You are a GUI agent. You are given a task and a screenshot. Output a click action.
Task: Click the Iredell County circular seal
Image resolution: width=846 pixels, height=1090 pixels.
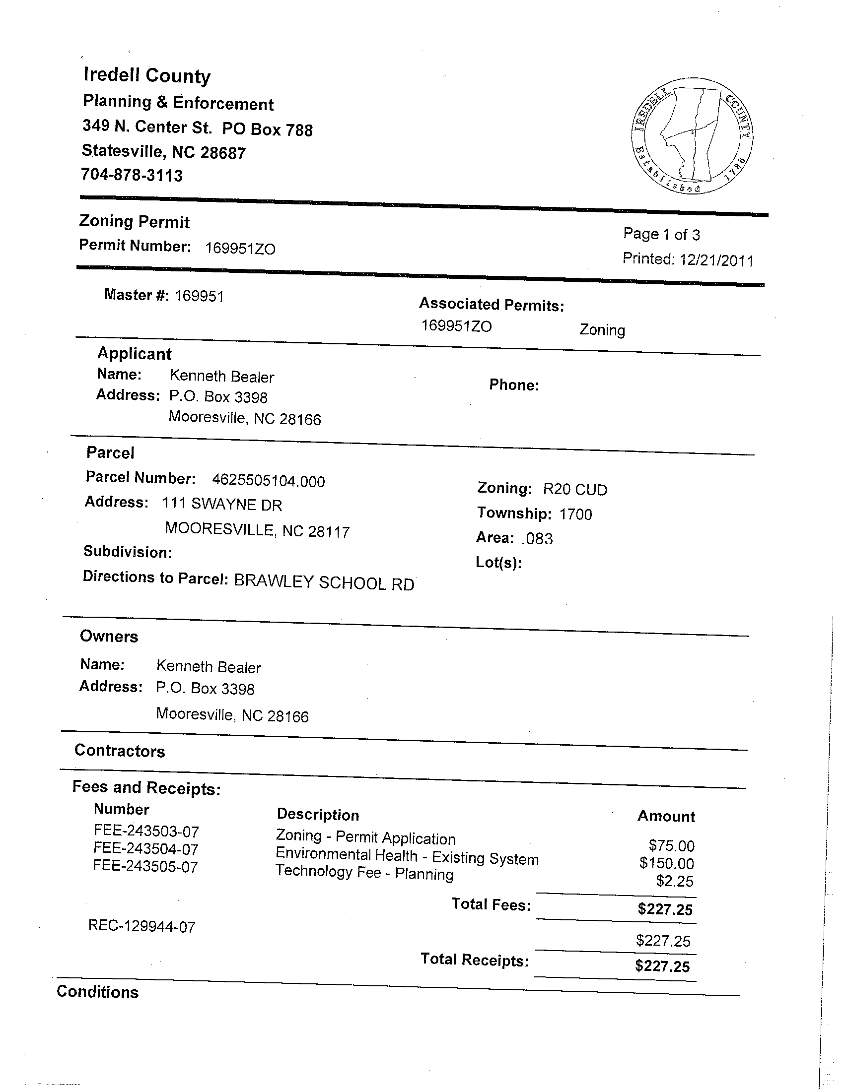pyautogui.click(x=691, y=135)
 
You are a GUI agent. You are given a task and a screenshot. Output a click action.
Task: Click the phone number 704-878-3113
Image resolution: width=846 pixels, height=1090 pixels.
pyautogui.click(x=132, y=175)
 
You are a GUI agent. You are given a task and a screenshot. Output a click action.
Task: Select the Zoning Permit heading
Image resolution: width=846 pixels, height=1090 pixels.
pyautogui.click(x=135, y=222)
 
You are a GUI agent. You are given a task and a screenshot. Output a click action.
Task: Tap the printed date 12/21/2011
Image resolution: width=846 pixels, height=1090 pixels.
pyautogui.click(x=716, y=260)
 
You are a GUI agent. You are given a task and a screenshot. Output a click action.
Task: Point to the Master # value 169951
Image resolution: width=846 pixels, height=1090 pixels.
pyautogui.click(x=199, y=297)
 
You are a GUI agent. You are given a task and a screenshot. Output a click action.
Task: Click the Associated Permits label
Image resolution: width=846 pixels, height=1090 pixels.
pyautogui.click(x=492, y=305)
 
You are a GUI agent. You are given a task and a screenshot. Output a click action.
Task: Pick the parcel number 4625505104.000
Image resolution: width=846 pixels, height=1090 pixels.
pyautogui.click(x=268, y=481)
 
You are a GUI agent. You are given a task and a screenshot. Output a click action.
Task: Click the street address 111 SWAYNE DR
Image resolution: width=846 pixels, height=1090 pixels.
pyautogui.click(x=222, y=505)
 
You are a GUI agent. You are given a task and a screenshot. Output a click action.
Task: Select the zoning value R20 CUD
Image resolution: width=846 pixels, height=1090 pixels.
pyautogui.click(x=575, y=490)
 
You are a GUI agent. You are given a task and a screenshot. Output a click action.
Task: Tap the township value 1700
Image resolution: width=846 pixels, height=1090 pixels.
pyautogui.click(x=575, y=514)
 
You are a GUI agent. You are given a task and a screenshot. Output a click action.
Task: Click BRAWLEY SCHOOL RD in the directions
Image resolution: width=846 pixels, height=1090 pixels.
pyautogui.click(x=324, y=583)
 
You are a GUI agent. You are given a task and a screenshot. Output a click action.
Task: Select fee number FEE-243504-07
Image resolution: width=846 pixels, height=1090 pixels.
pyautogui.click(x=146, y=849)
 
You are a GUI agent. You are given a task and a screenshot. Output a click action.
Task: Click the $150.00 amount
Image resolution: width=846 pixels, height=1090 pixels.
pyautogui.click(x=666, y=863)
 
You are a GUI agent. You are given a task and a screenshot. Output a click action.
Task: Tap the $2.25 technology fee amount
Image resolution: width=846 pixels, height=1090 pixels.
pyautogui.click(x=674, y=882)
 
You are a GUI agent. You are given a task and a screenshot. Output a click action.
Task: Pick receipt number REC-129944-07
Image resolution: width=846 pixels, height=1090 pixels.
pyautogui.click(x=142, y=927)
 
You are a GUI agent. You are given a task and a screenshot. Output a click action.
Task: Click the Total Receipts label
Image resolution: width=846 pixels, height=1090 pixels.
pyautogui.click(x=474, y=960)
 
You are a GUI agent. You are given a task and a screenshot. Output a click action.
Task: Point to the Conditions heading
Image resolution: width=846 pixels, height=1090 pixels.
pyautogui.click(x=97, y=992)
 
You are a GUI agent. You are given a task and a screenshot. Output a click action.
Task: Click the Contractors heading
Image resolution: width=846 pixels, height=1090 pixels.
pyautogui.click(x=119, y=751)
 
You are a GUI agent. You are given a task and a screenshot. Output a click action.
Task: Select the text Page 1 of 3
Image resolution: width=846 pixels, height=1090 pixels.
pyautogui.click(x=661, y=234)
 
